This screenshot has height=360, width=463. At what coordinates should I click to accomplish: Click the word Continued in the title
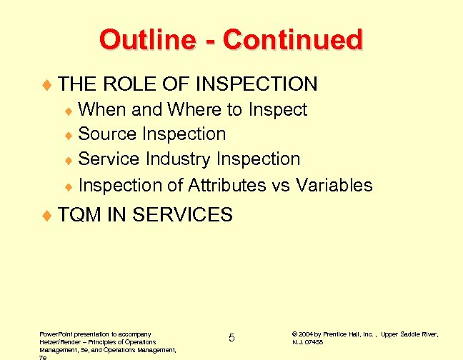coord(292,39)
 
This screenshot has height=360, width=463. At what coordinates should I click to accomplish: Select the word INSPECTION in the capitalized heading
coord(256,84)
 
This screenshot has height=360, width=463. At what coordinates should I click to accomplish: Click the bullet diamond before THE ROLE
coord(48,85)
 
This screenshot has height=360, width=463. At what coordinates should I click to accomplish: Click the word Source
coord(107,134)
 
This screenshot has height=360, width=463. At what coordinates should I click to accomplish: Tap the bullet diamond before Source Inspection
coord(69,135)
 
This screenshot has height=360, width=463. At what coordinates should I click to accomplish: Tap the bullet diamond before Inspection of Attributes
coord(69,186)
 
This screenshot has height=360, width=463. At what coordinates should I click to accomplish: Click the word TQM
coord(80,214)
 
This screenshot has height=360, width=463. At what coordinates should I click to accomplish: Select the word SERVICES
coord(183,214)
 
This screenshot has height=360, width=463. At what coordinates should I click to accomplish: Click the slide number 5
coord(231,338)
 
